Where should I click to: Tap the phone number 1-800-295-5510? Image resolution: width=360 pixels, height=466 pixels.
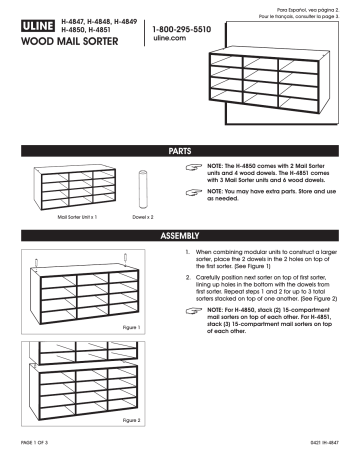click(x=182, y=31)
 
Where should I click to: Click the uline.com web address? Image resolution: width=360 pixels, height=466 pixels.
click(x=169, y=42)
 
